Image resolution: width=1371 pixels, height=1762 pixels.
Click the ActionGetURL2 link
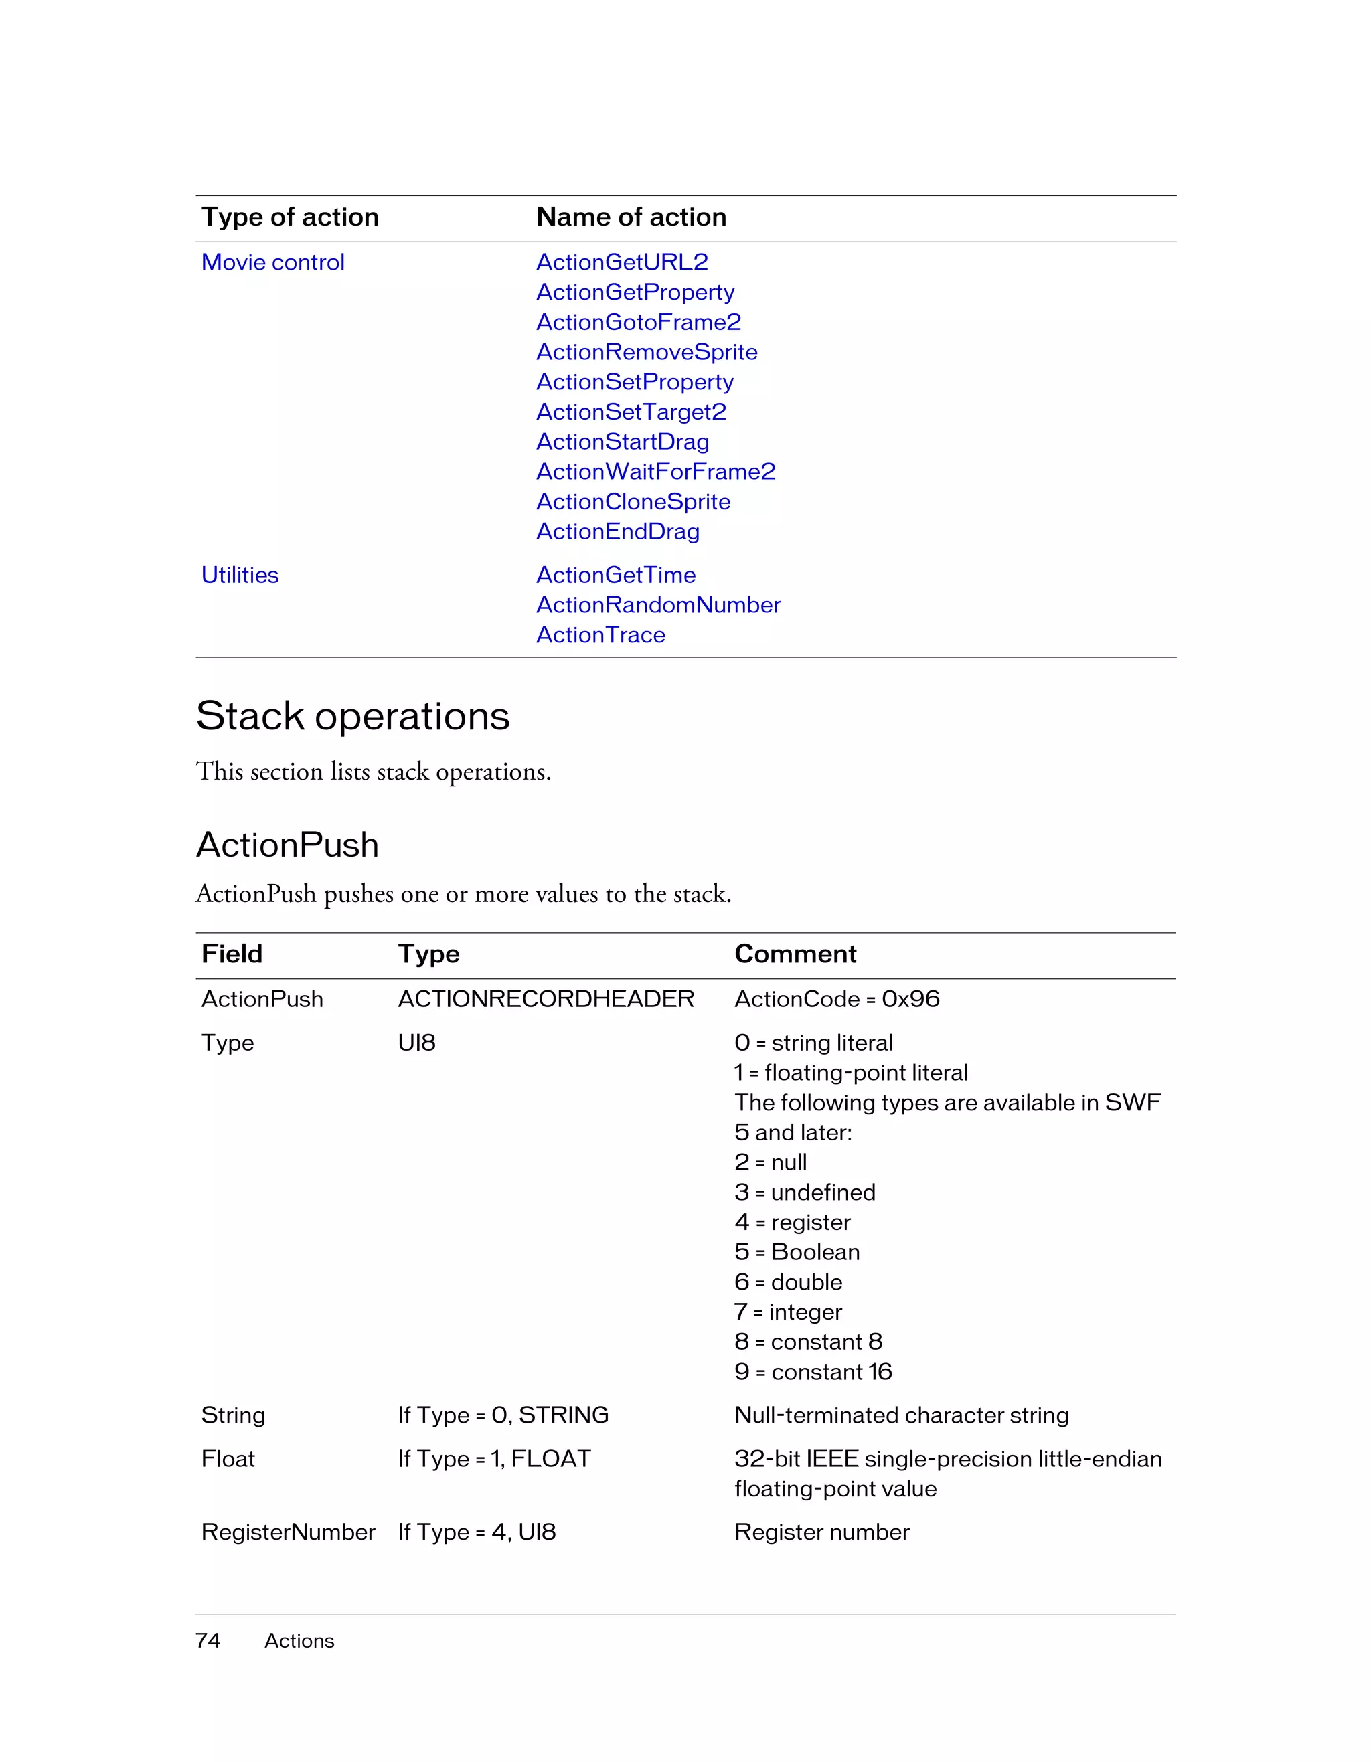point(621,262)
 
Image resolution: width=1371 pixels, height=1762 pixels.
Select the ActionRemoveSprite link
point(647,352)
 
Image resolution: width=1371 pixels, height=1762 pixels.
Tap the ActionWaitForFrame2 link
point(655,471)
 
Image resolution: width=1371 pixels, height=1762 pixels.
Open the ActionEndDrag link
point(617,531)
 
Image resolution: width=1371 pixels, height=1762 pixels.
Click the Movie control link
point(272,262)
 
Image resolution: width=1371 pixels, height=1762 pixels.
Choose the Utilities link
point(240,576)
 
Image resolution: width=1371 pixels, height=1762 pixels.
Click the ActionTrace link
point(600,635)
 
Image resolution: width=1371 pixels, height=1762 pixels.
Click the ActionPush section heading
point(287,845)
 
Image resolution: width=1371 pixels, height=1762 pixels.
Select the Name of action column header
point(631,217)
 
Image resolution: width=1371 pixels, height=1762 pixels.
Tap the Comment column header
point(795,954)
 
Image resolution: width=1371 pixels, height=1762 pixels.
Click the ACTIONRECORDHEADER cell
point(546,999)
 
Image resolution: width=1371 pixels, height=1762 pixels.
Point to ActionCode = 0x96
point(837,999)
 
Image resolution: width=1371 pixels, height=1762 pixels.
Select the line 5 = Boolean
point(797,1252)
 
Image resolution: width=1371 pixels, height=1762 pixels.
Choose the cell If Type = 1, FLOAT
point(494,1459)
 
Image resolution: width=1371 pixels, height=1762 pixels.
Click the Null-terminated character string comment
point(901,1415)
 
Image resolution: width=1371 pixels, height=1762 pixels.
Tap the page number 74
point(208,1640)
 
